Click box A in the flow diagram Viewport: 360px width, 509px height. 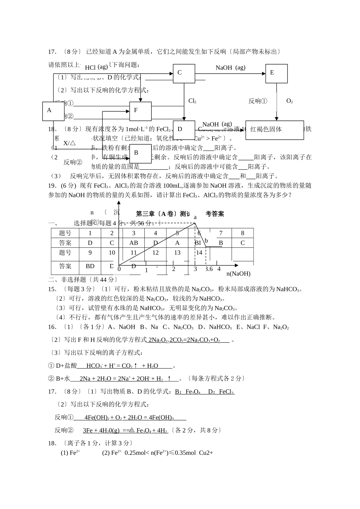53,111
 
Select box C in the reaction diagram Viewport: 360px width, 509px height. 184,73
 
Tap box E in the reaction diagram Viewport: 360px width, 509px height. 276,73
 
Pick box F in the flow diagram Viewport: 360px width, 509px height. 140,111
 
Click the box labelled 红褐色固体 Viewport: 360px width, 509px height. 274,130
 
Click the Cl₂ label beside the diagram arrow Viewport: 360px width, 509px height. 192,101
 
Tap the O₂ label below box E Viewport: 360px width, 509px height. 290,101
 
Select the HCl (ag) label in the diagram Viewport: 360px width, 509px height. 96,67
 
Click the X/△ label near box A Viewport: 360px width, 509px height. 69,143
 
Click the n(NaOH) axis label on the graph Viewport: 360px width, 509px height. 238,273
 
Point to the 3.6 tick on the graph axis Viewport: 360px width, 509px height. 209,269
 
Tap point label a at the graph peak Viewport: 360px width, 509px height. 195,217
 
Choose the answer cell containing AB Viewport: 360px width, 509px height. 134,243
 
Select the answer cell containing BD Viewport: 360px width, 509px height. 90,266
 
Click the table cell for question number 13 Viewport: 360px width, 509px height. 177,253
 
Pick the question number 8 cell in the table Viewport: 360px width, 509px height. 243,233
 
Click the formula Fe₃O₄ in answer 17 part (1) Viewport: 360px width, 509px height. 193,392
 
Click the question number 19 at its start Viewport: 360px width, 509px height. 53,186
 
